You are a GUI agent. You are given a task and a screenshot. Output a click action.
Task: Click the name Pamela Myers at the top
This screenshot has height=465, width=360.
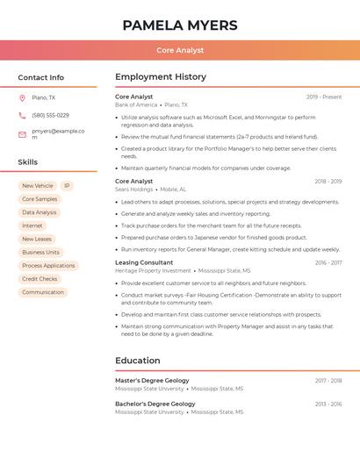(x=180, y=25)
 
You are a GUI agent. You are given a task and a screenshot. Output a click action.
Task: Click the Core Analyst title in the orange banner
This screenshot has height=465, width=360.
(x=180, y=51)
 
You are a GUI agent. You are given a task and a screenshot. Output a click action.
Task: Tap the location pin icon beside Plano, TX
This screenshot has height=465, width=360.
(x=22, y=98)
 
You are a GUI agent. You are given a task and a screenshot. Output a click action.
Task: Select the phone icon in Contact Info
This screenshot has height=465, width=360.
(x=22, y=116)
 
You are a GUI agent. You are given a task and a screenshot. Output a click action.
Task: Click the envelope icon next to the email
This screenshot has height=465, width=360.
(x=22, y=134)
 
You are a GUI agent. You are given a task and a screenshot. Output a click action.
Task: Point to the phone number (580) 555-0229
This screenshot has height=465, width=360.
(x=50, y=116)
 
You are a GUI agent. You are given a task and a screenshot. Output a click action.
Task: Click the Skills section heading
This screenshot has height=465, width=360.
(x=28, y=162)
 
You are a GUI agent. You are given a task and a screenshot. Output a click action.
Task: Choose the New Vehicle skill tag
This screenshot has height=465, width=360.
(x=38, y=186)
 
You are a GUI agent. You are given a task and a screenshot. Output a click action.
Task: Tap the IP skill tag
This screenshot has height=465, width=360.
(x=68, y=186)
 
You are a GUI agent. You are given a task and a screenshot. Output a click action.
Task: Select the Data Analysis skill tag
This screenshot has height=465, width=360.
(x=40, y=212)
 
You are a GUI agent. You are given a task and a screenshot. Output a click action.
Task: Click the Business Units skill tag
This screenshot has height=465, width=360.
(x=40, y=253)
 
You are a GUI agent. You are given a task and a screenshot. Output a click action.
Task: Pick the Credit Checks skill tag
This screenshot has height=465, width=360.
(x=40, y=279)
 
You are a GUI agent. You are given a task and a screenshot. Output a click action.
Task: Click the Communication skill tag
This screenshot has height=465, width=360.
(x=43, y=292)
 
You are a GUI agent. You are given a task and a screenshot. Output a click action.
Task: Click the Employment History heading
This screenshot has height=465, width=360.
(x=161, y=77)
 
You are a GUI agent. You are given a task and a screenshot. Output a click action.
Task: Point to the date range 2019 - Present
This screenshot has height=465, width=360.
(x=324, y=97)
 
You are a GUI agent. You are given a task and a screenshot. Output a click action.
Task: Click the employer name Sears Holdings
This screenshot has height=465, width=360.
(x=134, y=190)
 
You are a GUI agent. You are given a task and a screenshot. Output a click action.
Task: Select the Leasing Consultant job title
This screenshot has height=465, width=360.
(x=144, y=262)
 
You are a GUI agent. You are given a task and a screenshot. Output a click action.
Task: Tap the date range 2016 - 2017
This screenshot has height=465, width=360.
(x=328, y=263)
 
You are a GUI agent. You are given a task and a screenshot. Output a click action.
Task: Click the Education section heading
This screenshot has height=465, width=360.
(x=138, y=361)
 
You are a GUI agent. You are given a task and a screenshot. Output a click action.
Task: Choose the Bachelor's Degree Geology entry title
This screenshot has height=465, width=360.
(x=155, y=404)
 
